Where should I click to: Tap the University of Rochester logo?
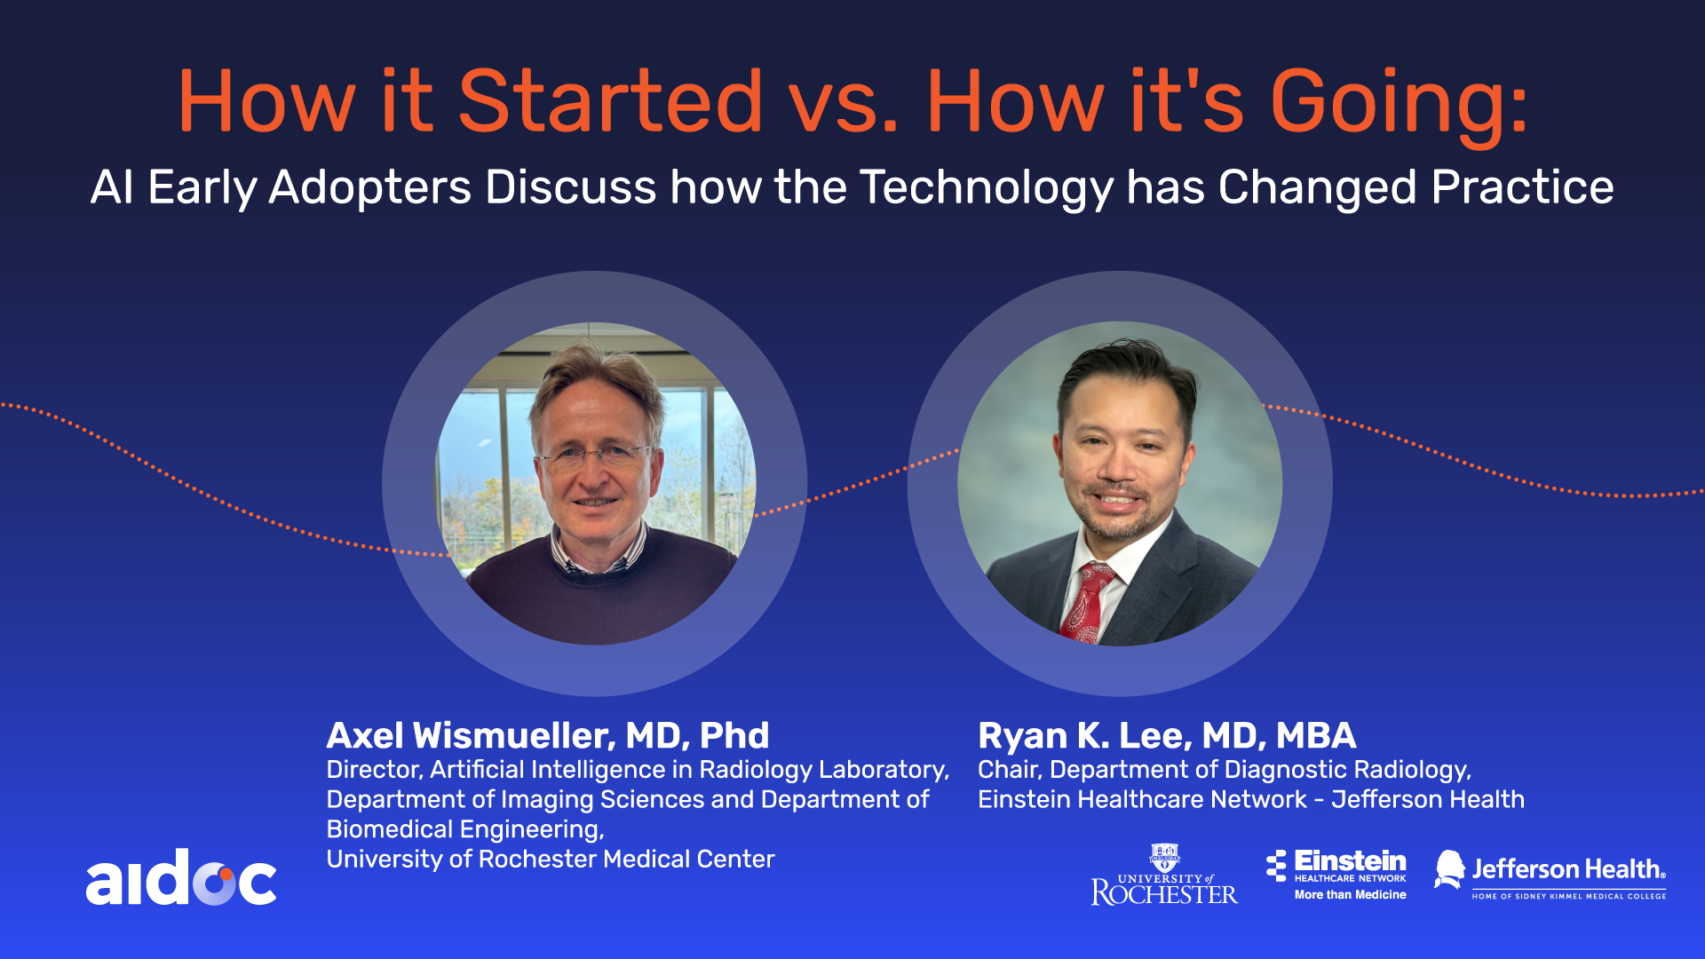(x=1164, y=875)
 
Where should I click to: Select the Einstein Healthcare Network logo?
(x=1336, y=875)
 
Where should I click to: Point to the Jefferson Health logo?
(x=1550, y=875)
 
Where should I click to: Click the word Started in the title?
(x=610, y=101)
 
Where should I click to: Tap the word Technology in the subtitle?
(x=987, y=188)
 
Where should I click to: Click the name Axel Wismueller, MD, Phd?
(x=548, y=735)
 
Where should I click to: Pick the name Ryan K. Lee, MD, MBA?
(x=1167, y=735)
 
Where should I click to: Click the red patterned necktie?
(x=1086, y=602)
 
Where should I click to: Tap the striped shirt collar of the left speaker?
(x=597, y=551)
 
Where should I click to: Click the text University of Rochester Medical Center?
(x=551, y=859)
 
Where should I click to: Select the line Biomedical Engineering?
(x=465, y=829)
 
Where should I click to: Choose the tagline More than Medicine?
(x=1350, y=894)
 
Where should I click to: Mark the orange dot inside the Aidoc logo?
(x=226, y=875)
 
